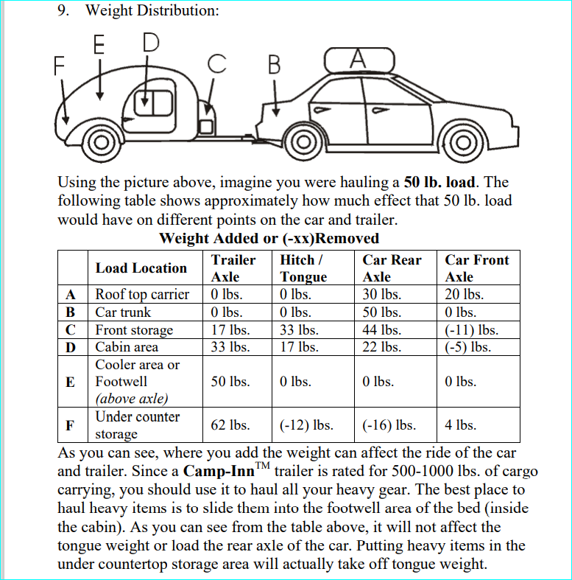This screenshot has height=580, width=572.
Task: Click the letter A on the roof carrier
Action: tap(359, 57)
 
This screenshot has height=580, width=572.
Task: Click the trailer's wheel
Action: tap(97, 141)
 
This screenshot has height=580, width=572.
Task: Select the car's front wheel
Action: tap(462, 142)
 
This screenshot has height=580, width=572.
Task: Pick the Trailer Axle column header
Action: tap(233, 268)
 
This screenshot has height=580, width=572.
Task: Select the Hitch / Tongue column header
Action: tap(303, 268)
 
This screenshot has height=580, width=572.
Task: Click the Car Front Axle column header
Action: tap(476, 268)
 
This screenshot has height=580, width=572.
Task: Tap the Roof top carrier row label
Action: tap(142, 295)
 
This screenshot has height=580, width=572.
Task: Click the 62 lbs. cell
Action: tap(230, 425)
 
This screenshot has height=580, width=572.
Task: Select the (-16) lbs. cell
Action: tap(389, 425)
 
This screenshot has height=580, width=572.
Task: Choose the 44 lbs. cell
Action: tap(381, 329)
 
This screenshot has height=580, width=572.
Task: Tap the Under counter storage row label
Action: tap(137, 425)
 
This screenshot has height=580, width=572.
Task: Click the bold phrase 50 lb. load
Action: tap(440, 182)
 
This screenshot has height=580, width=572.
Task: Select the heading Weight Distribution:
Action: tap(152, 11)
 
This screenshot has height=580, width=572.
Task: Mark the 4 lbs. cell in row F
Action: tap(460, 425)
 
